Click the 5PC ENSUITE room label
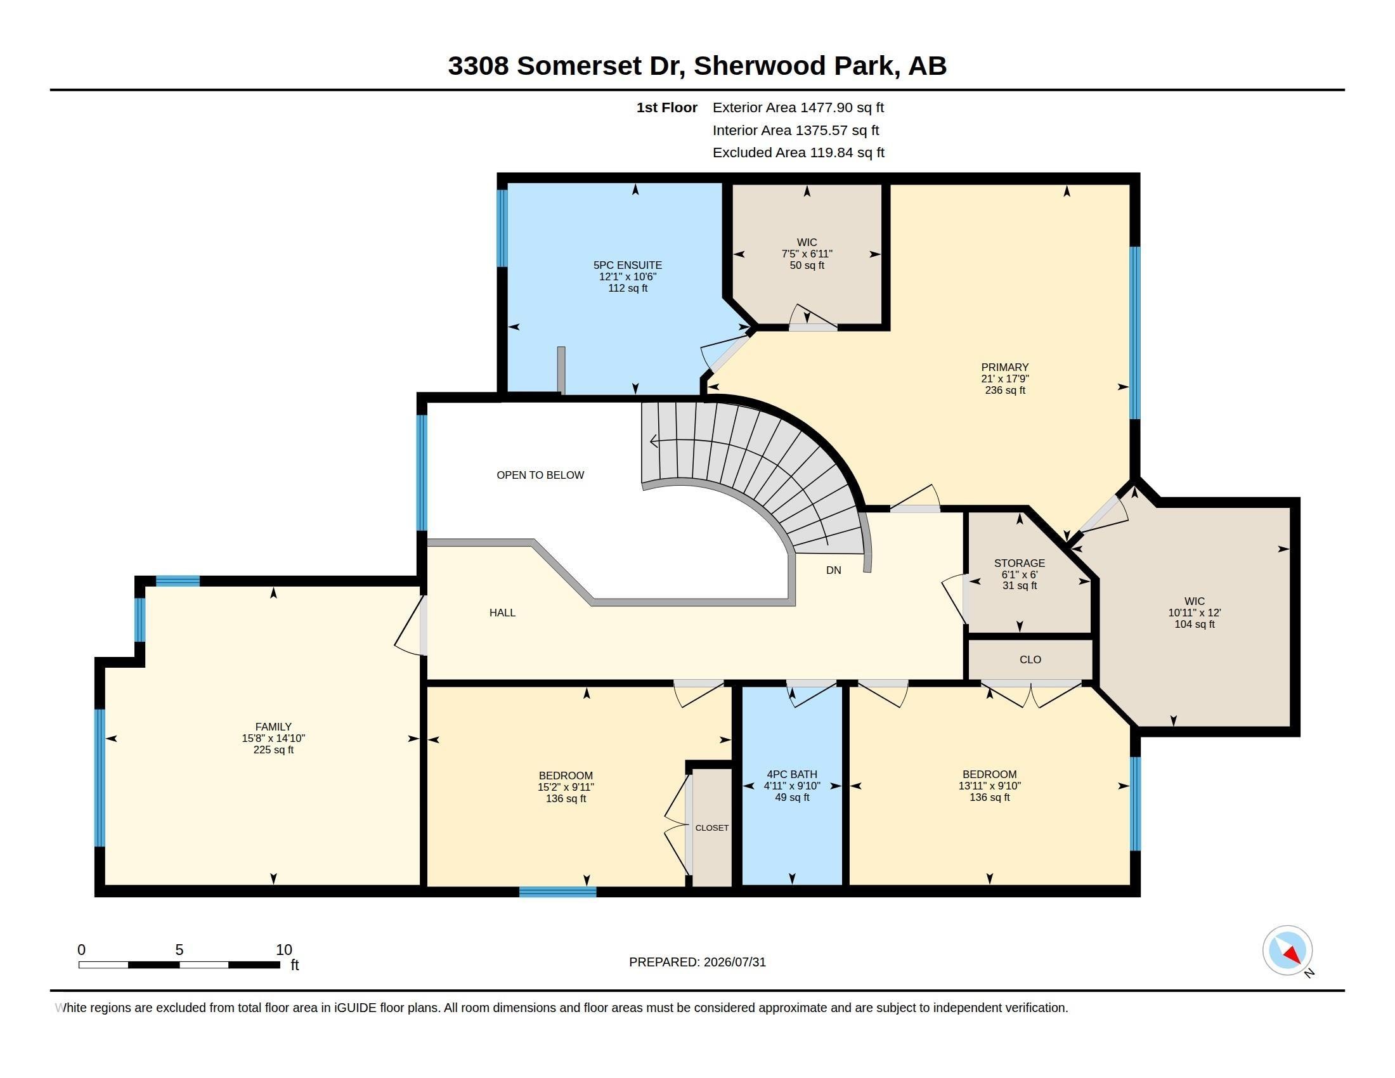click(x=627, y=265)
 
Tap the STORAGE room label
click(x=1020, y=563)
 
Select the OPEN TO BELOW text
click(x=540, y=475)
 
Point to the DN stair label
click(x=834, y=570)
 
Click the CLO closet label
click(x=1030, y=659)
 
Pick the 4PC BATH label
click(x=792, y=775)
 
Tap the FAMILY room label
click(x=273, y=727)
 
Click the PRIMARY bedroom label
click(x=1005, y=367)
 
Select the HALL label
click(x=502, y=613)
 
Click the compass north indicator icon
click(x=1287, y=951)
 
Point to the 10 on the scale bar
click(x=283, y=950)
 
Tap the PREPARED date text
click(x=697, y=963)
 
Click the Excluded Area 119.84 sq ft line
click(x=798, y=153)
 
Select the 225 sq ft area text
click(x=273, y=750)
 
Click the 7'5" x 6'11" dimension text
click(x=807, y=254)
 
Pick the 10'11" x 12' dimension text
click(x=1195, y=613)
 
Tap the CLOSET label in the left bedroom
click(x=711, y=828)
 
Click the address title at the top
click(x=697, y=66)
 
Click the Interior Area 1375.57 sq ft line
click(x=796, y=130)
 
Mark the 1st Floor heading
click(x=667, y=108)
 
